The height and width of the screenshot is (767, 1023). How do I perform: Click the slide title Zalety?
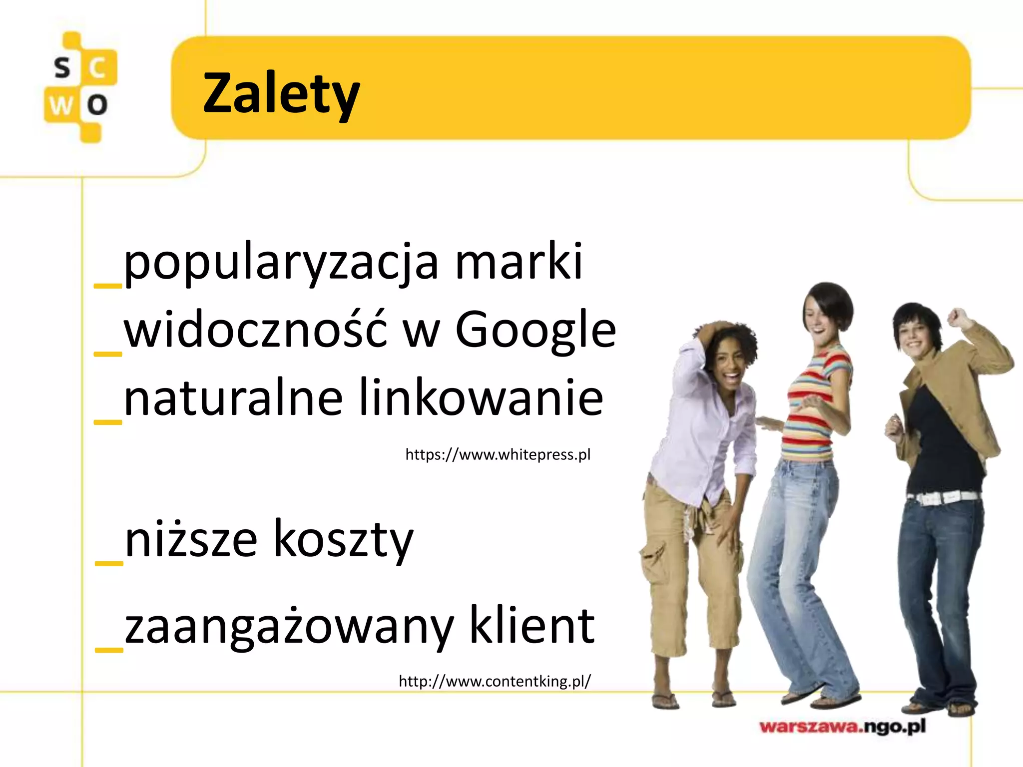click(x=281, y=94)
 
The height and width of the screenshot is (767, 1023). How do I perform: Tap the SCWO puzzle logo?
click(x=80, y=87)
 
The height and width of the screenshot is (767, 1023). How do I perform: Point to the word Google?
click(x=535, y=331)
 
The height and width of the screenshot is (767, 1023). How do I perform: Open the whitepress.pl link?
click(x=498, y=454)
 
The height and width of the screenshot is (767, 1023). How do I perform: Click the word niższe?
click(x=191, y=539)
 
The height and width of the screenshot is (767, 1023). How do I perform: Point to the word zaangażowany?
click(x=289, y=626)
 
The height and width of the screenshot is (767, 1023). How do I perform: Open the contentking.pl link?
click(x=495, y=681)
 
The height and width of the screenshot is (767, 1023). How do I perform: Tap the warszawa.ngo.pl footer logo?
click(x=842, y=726)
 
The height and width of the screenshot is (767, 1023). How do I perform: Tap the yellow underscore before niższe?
click(x=109, y=563)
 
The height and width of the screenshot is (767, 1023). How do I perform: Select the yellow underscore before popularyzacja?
click(x=108, y=286)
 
